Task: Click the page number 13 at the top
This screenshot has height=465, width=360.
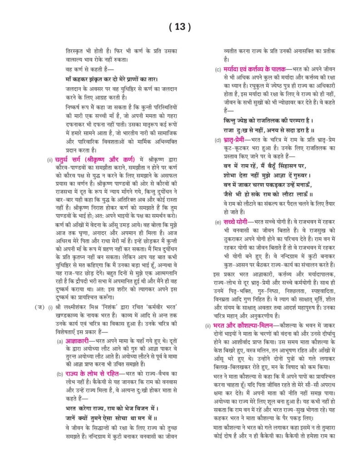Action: (x=180, y=27)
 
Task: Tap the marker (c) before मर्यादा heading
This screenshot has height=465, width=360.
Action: (x=218, y=69)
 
